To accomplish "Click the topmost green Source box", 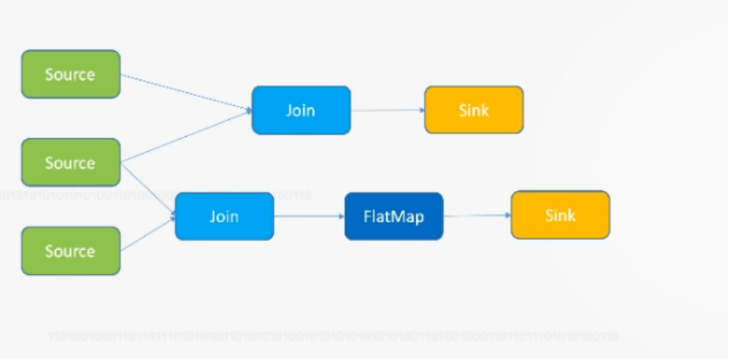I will click(x=71, y=74).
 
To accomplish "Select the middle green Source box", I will click(x=71, y=163).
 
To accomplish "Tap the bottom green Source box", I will click(x=71, y=251).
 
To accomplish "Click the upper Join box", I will click(x=301, y=110).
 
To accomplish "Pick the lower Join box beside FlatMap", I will click(x=224, y=216).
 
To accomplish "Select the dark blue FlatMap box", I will click(x=394, y=216).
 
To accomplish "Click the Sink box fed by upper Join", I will click(x=473, y=110).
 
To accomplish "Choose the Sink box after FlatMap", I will click(x=560, y=215).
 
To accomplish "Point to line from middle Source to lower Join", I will click(x=148, y=189).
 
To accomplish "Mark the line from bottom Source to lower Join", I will click(x=148, y=233).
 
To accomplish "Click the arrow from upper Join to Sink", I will click(x=387, y=110).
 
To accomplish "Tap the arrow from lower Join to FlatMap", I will click(x=308, y=216).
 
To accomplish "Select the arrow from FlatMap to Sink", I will click(x=476, y=215).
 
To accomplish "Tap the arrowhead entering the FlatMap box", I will click(x=341, y=216).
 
